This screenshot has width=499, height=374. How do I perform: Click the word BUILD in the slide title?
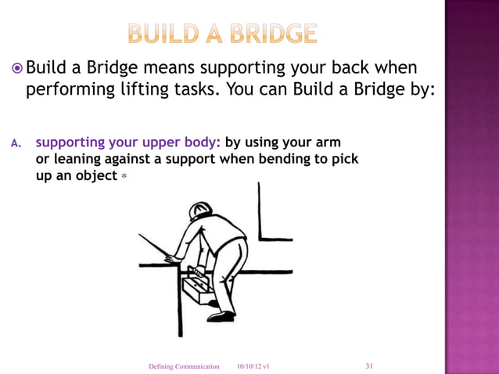tap(158, 34)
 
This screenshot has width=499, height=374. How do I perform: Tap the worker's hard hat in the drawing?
tap(199, 210)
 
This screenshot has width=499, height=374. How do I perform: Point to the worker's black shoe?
tap(221, 316)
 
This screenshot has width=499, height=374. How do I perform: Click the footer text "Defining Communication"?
tap(184, 366)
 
